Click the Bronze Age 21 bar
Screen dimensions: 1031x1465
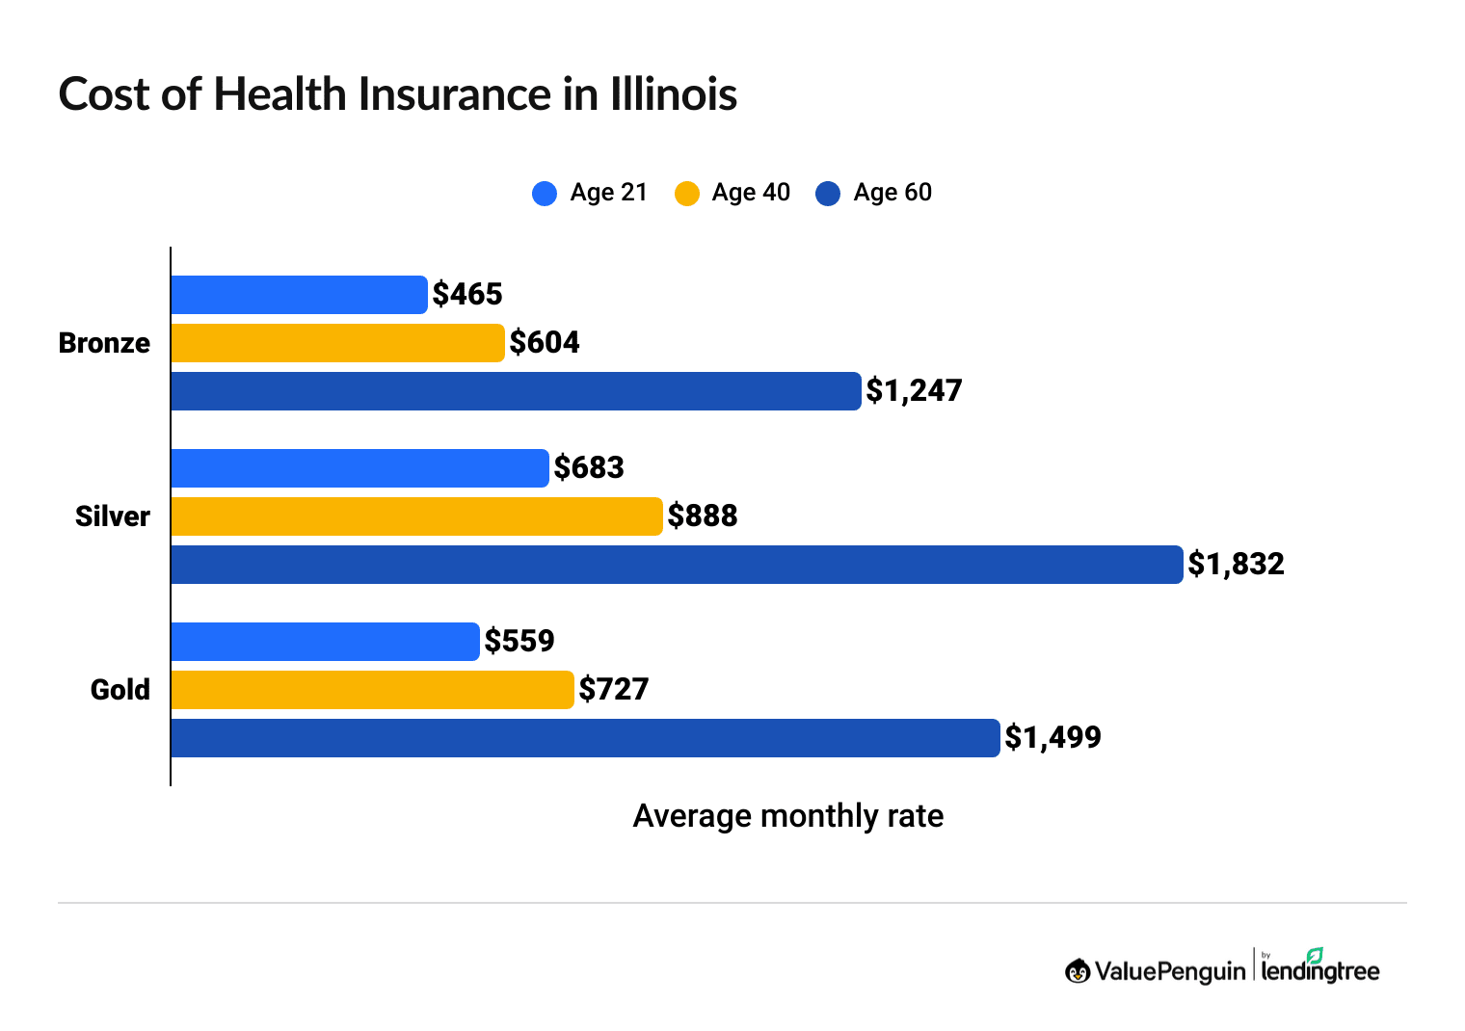[x=299, y=295]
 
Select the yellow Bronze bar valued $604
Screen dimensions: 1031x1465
[x=337, y=343]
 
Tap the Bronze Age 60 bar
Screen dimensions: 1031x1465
[x=516, y=391]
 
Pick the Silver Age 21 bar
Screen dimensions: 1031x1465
[x=360, y=468]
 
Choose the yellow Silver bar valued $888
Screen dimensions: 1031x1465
[x=416, y=516]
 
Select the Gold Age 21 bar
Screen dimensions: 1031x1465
[x=325, y=642]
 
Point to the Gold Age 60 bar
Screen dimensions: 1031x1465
[x=585, y=738]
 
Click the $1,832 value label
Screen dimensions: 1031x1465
[x=1236, y=564]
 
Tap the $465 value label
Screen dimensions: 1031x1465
[x=467, y=294]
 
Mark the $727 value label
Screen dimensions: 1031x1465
[x=614, y=689]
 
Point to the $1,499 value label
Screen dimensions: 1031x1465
[x=1052, y=737]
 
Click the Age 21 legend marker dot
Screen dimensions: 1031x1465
[x=545, y=194]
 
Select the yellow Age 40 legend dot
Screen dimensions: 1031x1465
[x=686, y=194]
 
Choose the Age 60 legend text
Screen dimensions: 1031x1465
[x=892, y=193]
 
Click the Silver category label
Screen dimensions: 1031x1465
[x=113, y=516]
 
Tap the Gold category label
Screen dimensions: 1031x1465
[x=120, y=690]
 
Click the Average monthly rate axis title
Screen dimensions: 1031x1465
[x=787, y=816]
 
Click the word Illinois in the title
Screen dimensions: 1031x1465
[x=673, y=94]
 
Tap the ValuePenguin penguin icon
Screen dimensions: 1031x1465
[x=1078, y=971]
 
